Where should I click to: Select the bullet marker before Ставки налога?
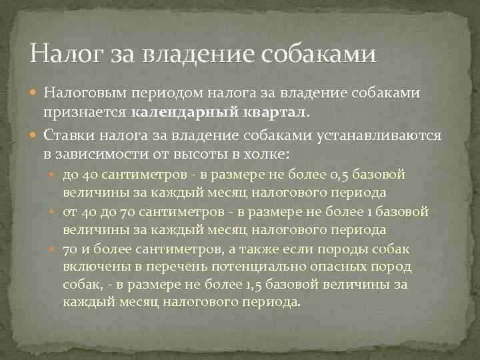[36, 135]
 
